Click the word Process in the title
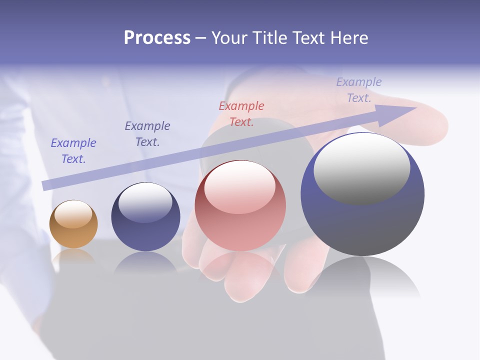[x=157, y=38]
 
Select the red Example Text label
[x=241, y=113]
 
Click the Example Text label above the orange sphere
[x=73, y=150]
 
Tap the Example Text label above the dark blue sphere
[x=147, y=133]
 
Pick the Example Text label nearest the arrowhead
[x=359, y=89]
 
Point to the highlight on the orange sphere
[x=73, y=214]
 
